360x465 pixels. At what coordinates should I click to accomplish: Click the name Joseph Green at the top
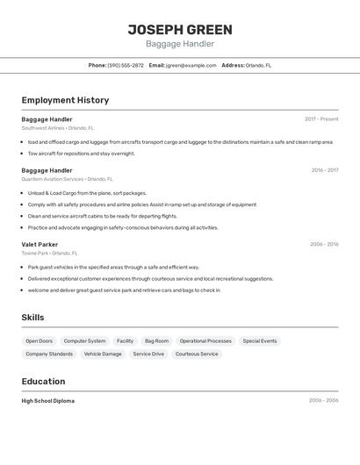(x=180, y=29)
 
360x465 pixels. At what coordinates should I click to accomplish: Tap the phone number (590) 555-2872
(x=126, y=65)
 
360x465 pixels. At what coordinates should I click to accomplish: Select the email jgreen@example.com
(x=191, y=65)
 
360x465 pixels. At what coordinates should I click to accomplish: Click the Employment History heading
(x=65, y=100)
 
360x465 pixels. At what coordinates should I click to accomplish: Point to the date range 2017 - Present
(x=321, y=119)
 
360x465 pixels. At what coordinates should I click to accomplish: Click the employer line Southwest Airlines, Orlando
(x=58, y=128)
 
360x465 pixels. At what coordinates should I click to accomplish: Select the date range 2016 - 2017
(x=324, y=170)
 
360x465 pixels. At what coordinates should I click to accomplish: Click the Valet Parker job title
(x=40, y=245)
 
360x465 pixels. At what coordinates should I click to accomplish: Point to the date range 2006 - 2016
(x=324, y=245)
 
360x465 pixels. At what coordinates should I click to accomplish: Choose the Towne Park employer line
(x=50, y=254)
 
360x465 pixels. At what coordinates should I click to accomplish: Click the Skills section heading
(x=32, y=318)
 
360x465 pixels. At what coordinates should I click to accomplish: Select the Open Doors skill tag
(x=39, y=340)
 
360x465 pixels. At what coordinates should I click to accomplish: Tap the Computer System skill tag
(x=84, y=340)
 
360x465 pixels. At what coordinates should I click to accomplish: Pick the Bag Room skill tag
(x=156, y=340)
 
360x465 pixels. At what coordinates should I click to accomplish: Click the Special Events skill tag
(x=259, y=340)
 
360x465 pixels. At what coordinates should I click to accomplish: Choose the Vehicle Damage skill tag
(x=103, y=354)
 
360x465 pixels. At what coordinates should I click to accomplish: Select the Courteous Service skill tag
(x=197, y=354)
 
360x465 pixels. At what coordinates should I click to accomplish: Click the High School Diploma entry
(x=48, y=401)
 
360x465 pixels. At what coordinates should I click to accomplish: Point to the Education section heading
(x=43, y=382)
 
